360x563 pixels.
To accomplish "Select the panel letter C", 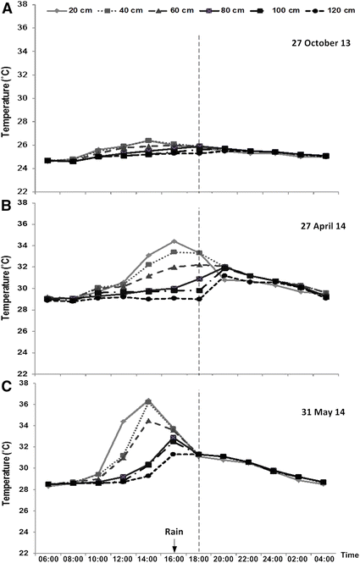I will tap(8, 386).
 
